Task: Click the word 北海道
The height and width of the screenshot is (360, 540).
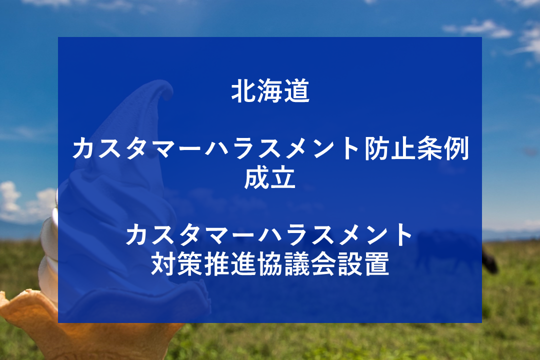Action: tap(270, 91)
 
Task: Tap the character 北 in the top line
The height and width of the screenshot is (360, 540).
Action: tap(244, 91)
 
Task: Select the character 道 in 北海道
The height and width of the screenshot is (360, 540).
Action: tap(297, 91)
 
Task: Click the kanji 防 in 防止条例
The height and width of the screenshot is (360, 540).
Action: tap(377, 149)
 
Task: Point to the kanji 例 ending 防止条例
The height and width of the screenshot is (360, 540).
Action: tap(456, 149)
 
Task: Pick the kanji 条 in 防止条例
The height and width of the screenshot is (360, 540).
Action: tap(430, 149)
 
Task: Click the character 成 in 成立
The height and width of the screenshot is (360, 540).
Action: tap(257, 178)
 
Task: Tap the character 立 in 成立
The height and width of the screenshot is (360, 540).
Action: tap(283, 178)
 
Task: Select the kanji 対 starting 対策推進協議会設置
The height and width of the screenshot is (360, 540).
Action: tap(164, 264)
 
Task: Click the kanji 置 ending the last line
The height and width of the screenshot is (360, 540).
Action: tap(377, 264)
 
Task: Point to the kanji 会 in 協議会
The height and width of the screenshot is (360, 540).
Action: tap(323, 264)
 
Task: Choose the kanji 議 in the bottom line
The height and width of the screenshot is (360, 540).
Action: tap(297, 264)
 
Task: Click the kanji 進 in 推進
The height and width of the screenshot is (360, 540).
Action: tap(244, 264)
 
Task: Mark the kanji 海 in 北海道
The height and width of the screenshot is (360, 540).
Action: tap(270, 91)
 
